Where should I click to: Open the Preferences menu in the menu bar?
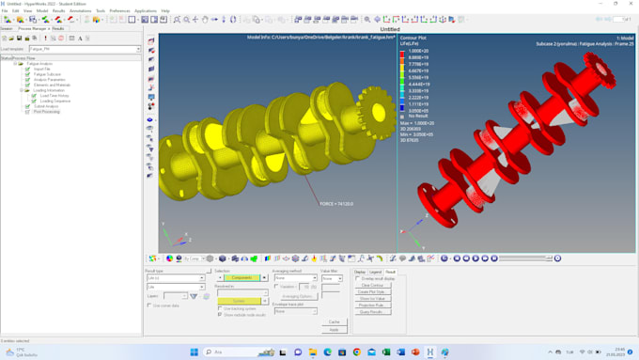(119, 10)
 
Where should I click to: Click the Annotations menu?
(80, 10)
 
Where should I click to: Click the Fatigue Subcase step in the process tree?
(47, 74)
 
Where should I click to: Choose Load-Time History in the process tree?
(55, 95)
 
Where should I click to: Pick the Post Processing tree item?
(47, 111)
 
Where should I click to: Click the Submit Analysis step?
(47, 106)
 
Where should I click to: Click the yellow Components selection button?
(241, 278)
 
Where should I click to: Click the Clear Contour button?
(371, 285)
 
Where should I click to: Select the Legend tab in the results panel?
(374, 272)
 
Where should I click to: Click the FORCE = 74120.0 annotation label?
(335, 203)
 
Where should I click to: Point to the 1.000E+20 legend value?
(417, 51)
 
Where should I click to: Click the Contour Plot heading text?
(413, 38)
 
